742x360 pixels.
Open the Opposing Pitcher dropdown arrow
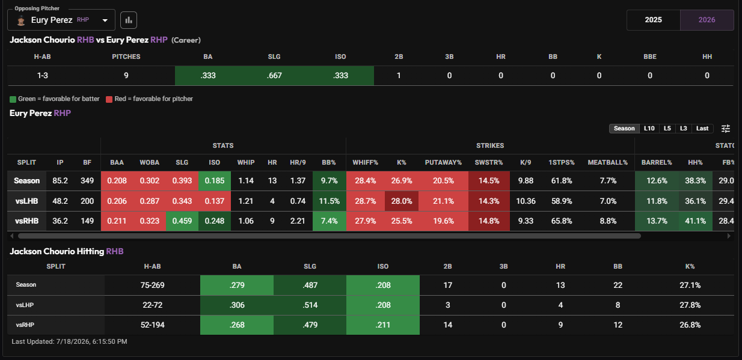105,20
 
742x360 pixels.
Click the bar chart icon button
129,20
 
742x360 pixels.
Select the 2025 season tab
653,20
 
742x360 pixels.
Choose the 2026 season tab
707,20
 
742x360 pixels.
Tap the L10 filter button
649,129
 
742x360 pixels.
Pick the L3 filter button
683,129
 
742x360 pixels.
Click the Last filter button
702,129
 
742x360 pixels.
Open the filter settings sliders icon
726,129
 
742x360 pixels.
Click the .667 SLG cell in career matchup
274,76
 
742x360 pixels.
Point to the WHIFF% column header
365,163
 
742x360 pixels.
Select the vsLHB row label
26,201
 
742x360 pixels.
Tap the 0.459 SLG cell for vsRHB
182,221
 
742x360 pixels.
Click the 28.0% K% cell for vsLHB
402,201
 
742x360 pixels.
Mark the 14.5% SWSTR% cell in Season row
489,181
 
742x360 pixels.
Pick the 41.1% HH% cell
695,221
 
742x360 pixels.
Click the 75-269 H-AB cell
152,285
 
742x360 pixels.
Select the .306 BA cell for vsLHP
237,305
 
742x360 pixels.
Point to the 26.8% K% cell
690,325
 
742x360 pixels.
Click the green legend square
13,99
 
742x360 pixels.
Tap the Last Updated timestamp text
69,341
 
